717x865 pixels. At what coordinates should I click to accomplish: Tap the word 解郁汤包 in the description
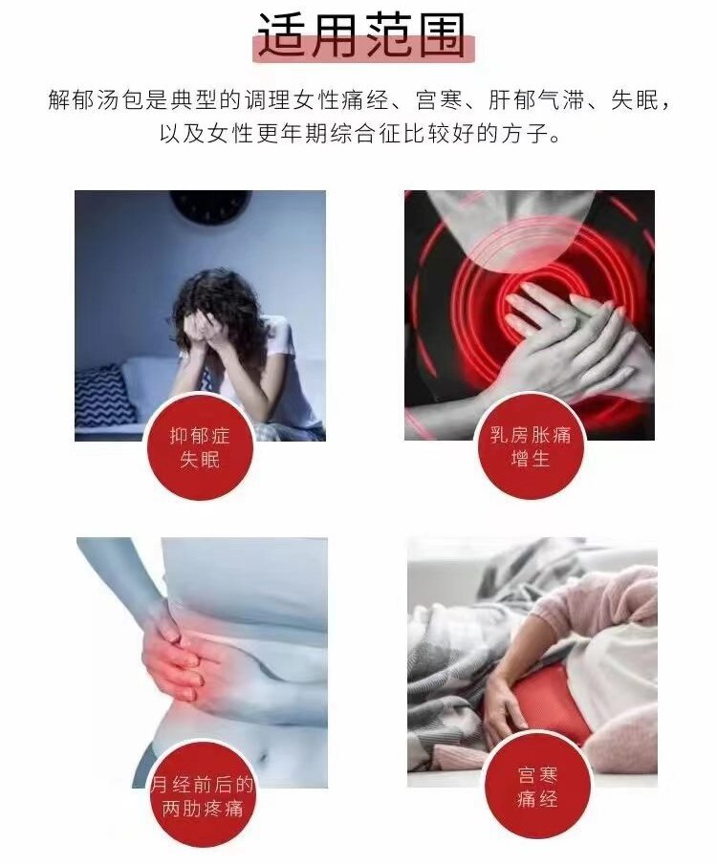tap(96, 101)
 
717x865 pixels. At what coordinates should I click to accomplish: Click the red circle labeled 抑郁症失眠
tap(199, 447)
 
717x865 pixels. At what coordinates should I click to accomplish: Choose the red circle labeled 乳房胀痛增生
tap(530, 447)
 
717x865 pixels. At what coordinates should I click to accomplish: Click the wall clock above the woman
tap(210, 206)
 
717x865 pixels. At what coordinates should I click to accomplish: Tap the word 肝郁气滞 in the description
tap(536, 101)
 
